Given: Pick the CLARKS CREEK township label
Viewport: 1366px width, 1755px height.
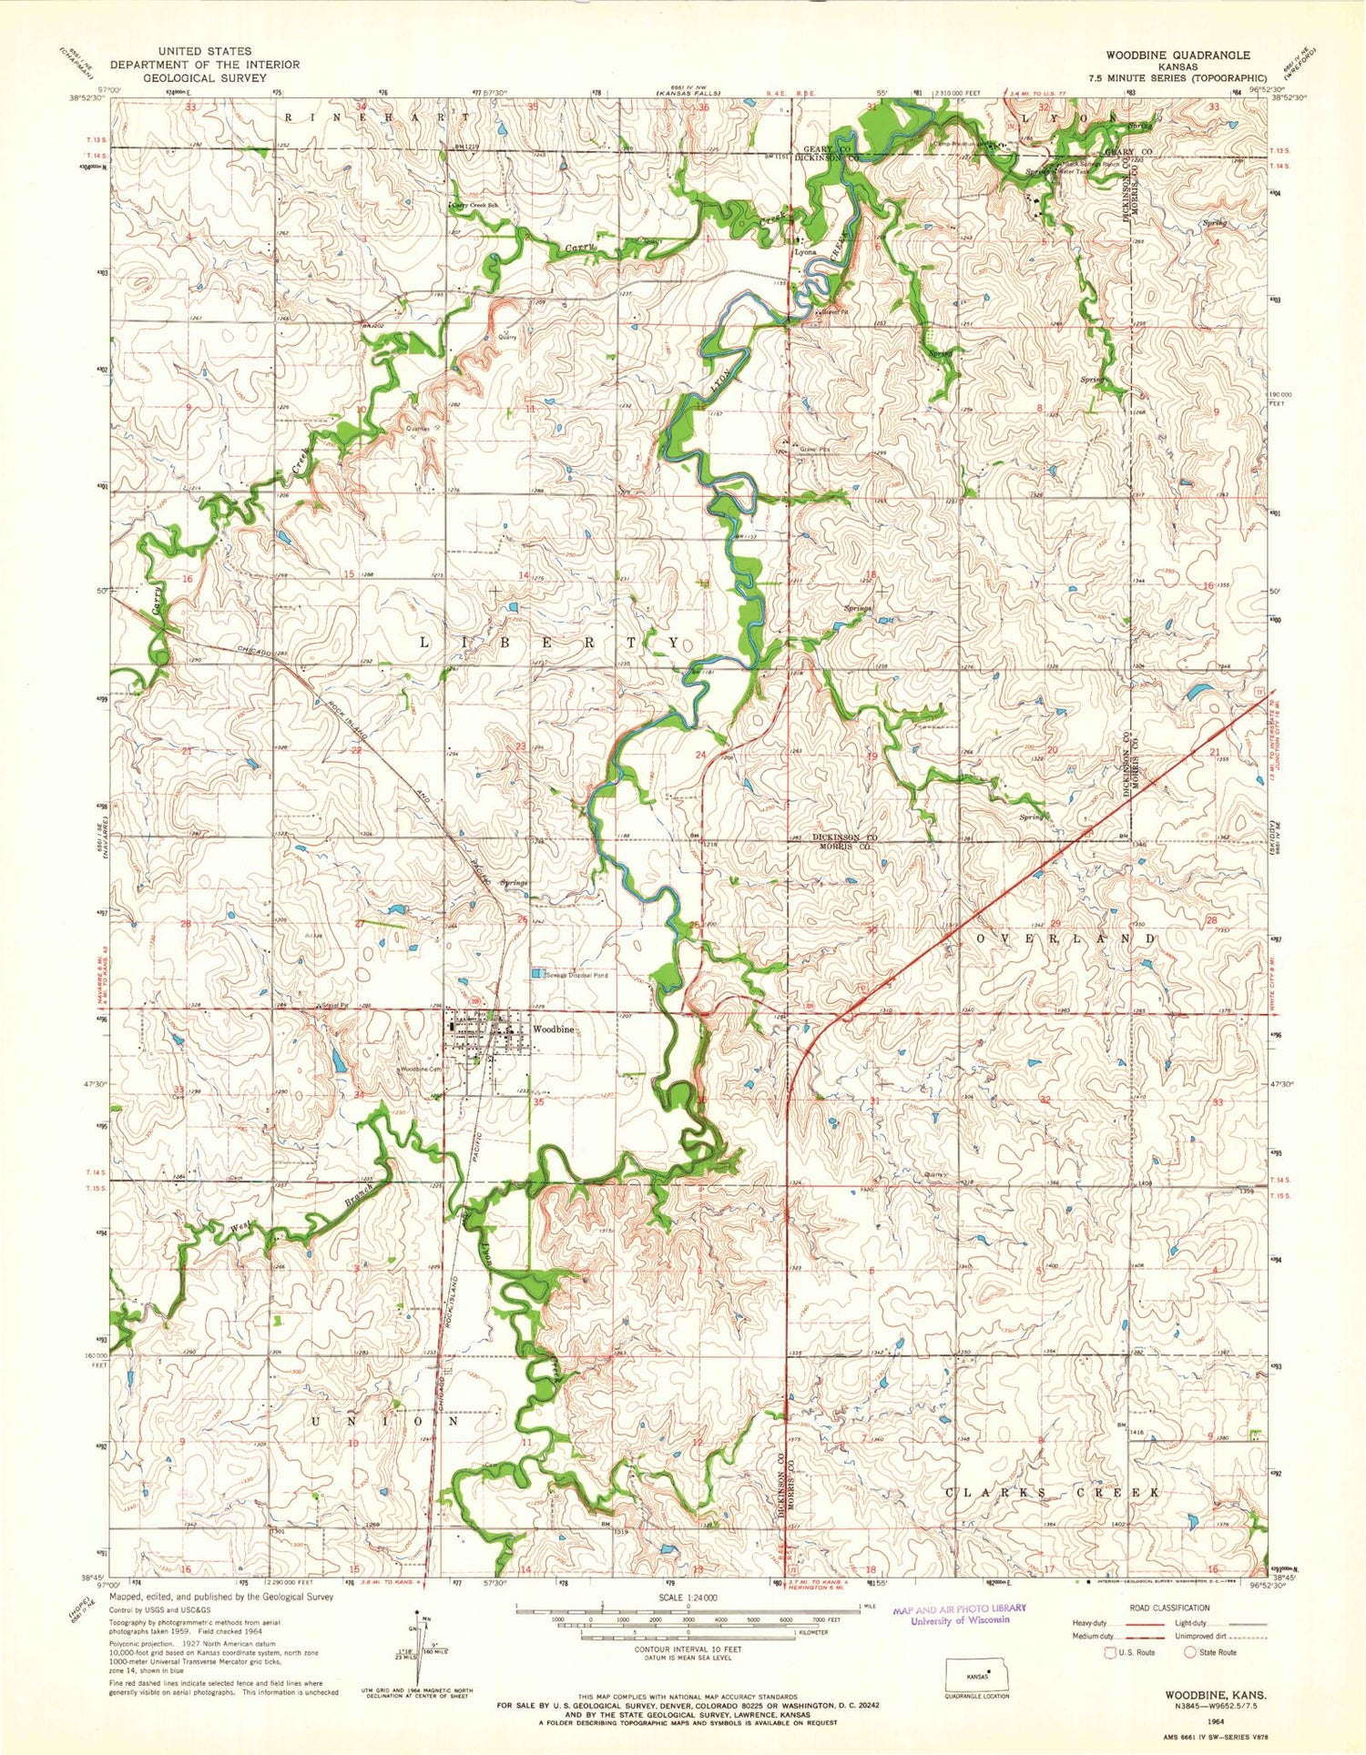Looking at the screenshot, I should [1052, 1493].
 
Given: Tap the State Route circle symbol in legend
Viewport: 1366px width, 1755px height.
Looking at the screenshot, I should [1189, 1652].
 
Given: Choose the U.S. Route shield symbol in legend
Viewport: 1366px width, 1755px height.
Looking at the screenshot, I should [1109, 1652].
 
